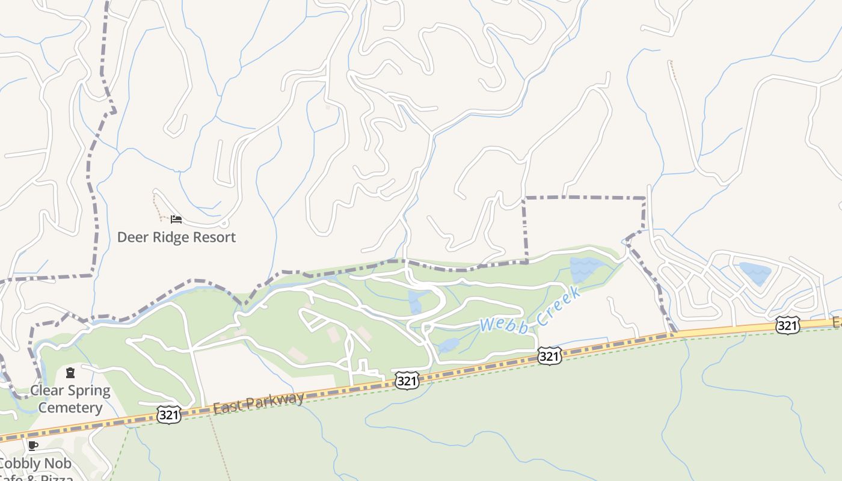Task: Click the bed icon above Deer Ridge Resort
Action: click(176, 219)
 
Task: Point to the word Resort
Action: click(215, 237)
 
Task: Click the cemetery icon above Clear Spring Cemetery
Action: click(70, 373)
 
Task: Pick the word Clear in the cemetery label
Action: click(47, 391)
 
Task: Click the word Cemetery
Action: click(70, 408)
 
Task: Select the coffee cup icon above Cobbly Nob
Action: click(33, 446)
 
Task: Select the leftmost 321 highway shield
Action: click(169, 414)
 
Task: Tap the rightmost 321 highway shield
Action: click(787, 325)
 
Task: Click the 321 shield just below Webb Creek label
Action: click(549, 356)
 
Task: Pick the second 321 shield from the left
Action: click(407, 380)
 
